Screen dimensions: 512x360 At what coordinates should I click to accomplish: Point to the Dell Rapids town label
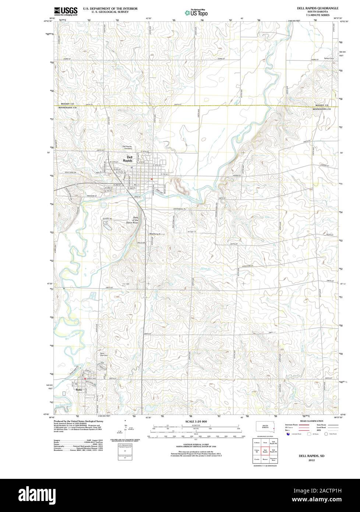tap(127, 159)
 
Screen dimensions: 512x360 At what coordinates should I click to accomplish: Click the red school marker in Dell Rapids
tap(152, 179)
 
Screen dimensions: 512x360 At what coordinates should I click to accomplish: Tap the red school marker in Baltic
tap(85, 378)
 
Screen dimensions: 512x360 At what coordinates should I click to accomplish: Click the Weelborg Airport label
tap(158, 234)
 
